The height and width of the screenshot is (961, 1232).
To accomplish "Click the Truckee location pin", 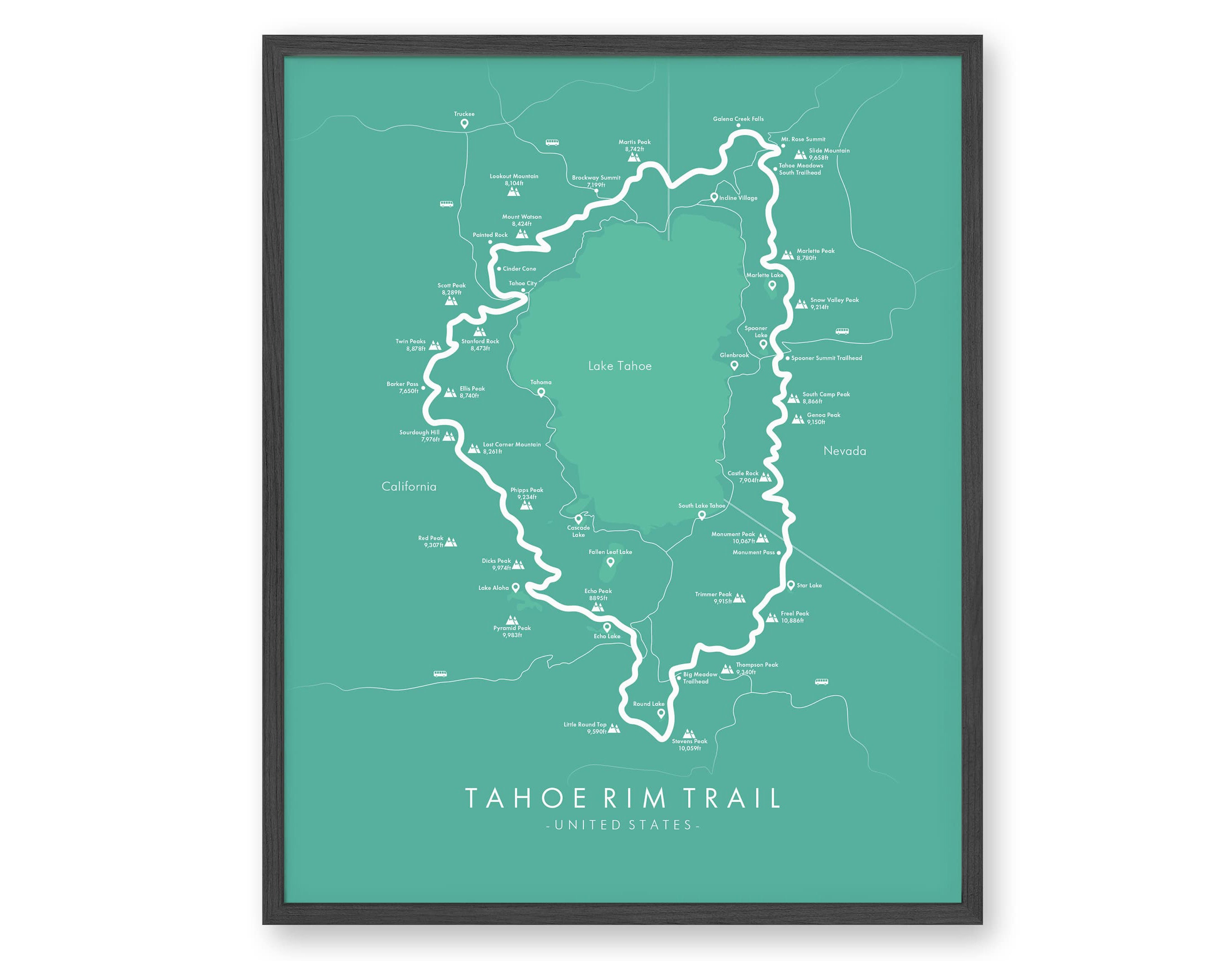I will coord(464,124).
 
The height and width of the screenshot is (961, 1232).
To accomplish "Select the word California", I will coord(409,486).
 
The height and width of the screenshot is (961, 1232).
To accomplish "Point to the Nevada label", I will coord(844,451).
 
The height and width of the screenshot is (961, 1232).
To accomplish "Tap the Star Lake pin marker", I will coord(791,585).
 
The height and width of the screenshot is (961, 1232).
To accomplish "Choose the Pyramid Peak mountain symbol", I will coord(512,620).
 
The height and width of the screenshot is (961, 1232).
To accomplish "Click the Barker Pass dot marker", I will coord(423,388).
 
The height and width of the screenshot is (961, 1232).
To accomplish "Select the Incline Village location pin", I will coord(714,197).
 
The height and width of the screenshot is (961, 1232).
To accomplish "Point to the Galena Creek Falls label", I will coord(738,119).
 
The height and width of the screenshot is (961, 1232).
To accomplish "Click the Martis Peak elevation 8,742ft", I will coord(634,149).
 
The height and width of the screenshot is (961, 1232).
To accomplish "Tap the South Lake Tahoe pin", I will coord(702,515).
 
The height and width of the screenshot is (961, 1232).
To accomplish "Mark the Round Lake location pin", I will coord(661,713).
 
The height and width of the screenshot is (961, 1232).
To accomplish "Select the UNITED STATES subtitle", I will coord(623,825).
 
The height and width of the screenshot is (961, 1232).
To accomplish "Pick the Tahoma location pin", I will coord(541,392).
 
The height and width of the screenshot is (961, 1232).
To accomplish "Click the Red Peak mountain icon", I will coord(450,542).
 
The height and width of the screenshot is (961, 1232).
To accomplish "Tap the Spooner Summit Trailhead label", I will coord(826,358).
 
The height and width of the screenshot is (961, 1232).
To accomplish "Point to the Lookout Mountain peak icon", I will coord(513,191).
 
